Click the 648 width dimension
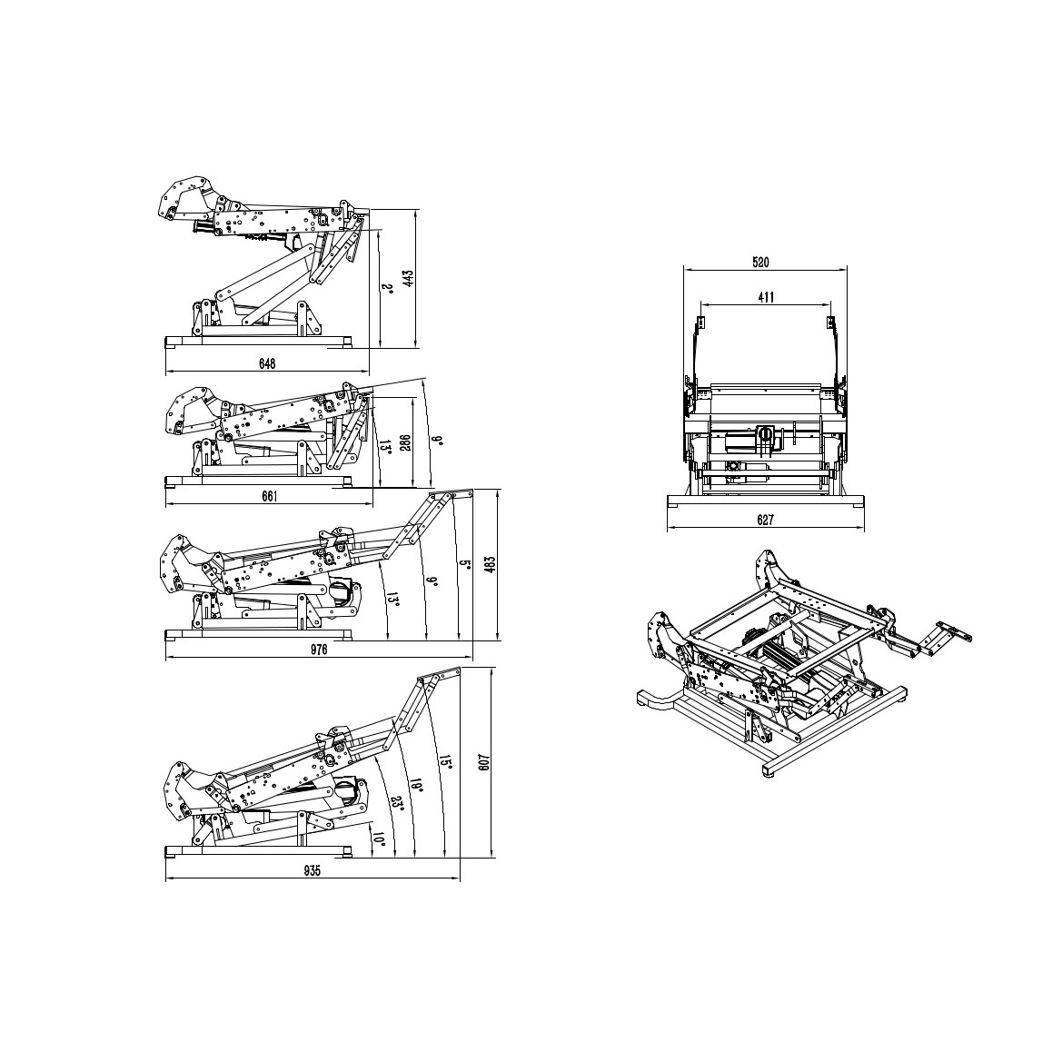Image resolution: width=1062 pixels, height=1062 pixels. point(267,364)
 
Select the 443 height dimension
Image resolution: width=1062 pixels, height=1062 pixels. point(408,278)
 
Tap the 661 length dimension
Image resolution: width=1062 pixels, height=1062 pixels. point(270,496)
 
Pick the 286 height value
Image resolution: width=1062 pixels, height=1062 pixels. point(405,443)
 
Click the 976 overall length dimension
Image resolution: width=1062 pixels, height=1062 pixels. point(318,650)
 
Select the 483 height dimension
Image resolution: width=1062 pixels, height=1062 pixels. point(491,564)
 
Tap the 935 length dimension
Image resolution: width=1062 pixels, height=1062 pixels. point(312,871)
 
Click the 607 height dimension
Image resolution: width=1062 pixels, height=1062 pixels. point(482,762)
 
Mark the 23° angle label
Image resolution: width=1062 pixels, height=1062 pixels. point(398,803)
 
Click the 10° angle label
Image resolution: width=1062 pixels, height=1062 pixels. point(379,842)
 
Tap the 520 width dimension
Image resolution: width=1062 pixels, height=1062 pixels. point(760,263)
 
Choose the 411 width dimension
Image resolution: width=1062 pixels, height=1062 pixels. point(765,297)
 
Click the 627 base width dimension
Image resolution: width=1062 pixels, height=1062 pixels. point(765,521)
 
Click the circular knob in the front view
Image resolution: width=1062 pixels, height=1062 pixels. point(765,432)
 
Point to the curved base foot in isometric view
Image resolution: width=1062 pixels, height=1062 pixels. point(656,699)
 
